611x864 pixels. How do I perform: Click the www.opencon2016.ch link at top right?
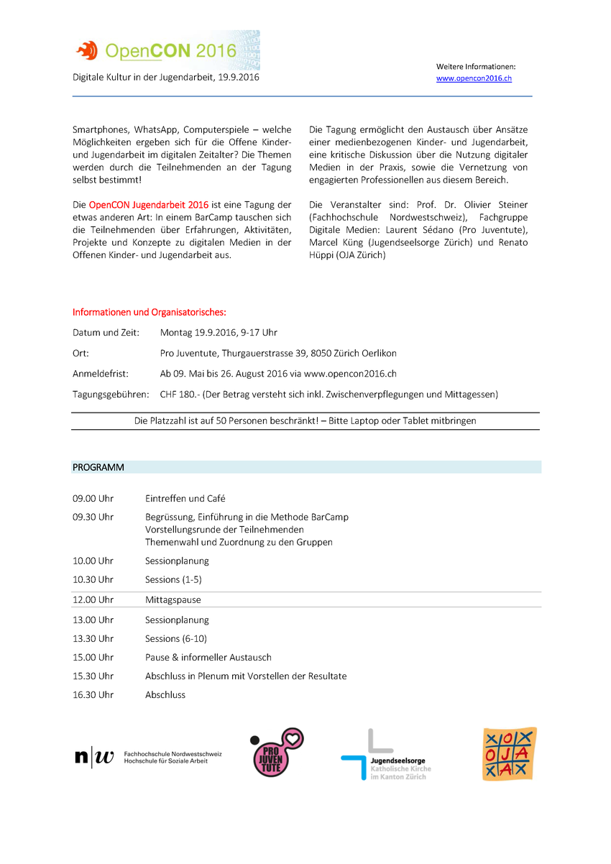point(474,78)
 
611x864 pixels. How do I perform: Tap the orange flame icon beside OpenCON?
point(87,50)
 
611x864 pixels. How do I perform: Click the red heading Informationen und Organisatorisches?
point(149,312)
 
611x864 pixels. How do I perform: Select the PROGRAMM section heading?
point(98,467)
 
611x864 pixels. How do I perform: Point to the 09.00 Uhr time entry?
point(93,498)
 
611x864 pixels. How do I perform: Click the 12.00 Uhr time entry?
point(93,599)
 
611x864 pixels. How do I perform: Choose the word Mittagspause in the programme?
point(173,599)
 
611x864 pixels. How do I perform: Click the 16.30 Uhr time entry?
point(93,694)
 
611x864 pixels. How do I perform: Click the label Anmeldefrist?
point(100,374)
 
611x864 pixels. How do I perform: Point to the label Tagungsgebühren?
point(111,394)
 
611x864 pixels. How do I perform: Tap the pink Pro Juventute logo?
point(276,753)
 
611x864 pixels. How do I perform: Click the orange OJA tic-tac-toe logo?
point(509,753)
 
